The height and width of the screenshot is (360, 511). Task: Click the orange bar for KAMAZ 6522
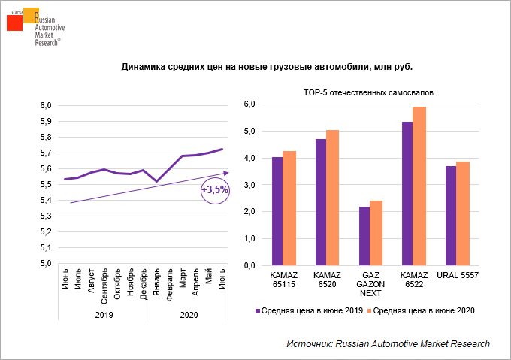point(419,186)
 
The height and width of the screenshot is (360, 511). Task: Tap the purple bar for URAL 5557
point(451,216)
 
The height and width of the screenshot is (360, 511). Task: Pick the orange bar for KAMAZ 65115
point(289,208)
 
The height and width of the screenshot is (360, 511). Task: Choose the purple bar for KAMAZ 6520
point(321,202)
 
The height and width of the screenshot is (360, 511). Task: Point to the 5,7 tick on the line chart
point(45,153)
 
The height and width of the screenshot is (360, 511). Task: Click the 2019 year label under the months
point(104,314)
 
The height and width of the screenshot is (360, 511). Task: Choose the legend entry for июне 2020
point(422,310)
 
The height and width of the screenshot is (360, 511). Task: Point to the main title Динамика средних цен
point(267,67)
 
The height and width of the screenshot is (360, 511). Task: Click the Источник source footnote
point(388,343)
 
